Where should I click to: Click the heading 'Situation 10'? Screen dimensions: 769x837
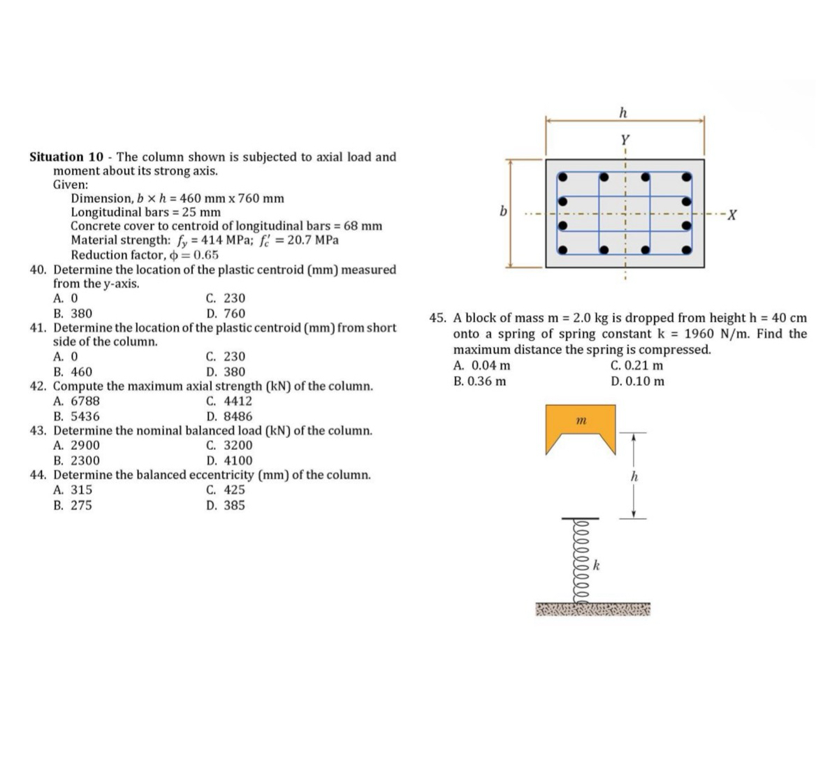66,157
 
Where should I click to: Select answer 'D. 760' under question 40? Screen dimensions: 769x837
226,314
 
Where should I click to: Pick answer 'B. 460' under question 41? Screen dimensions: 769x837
73,372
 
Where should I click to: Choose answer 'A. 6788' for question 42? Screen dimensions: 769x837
76,401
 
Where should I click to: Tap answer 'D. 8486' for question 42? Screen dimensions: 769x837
229,416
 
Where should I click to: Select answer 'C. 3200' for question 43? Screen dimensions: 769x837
229,445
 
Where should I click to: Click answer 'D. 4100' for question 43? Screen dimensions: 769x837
229,460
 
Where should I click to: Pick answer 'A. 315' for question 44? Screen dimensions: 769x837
73,490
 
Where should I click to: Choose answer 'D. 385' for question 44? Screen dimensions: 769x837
226,505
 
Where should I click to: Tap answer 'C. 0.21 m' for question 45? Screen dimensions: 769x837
636,365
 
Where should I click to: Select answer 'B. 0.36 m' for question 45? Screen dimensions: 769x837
480,381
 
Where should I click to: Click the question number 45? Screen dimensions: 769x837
438,318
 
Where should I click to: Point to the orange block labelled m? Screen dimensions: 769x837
581,427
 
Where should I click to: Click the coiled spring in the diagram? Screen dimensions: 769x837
578,559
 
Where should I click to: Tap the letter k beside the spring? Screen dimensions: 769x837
597,565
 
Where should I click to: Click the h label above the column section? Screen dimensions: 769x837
623,112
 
